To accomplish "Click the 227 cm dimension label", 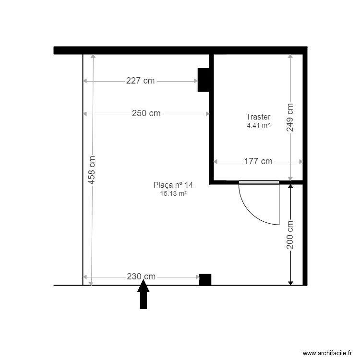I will [140, 81].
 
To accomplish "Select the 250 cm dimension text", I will [146, 114].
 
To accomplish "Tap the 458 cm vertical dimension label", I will [92, 170].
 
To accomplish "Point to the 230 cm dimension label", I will [141, 276].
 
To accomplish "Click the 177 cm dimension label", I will [258, 161].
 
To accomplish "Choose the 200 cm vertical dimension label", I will [290, 235].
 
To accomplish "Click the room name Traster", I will [258, 117].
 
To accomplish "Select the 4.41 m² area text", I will [258, 125].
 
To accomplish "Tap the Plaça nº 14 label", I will [173, 185].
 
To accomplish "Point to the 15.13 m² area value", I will [173, 193].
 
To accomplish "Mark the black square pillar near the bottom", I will [205, 280].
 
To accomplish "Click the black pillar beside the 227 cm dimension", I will [204, 80].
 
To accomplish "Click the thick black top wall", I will [180, 50].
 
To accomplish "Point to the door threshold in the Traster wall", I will [259, 182].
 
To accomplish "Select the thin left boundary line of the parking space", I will [83, 168].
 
